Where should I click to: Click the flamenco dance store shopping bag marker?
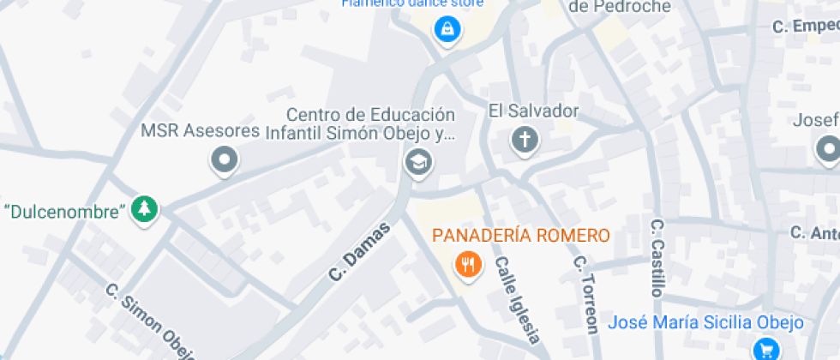(446, 30)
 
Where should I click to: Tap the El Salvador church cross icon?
(524, 140)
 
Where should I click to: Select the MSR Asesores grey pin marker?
(225, 159)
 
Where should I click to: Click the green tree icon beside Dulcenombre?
(145, 209)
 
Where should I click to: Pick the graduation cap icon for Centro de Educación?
(418, 161)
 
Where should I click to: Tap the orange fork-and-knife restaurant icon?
(467, 265)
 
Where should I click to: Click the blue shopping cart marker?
(765, 349)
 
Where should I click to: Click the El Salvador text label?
(534, 111)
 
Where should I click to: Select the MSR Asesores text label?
(200, 131)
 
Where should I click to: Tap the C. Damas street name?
(359, 252)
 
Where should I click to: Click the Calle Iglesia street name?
(518, 300)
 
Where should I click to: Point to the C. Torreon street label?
(585, 294)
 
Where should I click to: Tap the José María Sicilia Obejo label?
(705, 323)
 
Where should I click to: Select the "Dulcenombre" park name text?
(66, 210)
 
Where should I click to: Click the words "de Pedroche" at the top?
(620, 7)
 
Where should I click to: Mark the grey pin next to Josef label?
(828, 151)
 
